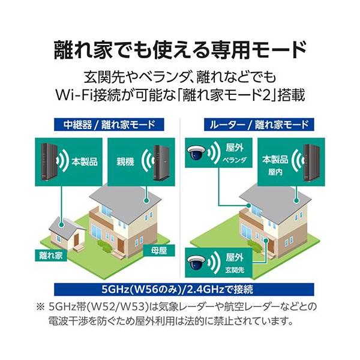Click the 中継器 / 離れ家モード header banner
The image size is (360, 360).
(x=109, y=124)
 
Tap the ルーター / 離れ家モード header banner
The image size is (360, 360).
(x=259, y=124)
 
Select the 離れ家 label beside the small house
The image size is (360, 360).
(x=51, y=255)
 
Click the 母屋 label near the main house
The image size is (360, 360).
(x=159, y=250)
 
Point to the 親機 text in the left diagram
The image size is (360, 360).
(x=125, y=162)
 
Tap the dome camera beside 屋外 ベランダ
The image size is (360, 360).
(x=196, y=152)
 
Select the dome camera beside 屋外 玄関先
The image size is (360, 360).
(x=196, y=262)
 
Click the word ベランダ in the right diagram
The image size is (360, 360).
(x=235, y=160)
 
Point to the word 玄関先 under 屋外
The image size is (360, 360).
(x=235, y=270)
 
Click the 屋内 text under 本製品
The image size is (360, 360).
(x=275, y=172)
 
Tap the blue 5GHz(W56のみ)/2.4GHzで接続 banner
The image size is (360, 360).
(x=184, y=289)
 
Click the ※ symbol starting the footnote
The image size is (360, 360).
(x=40, y=307)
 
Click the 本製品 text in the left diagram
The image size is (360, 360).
(x=85, y=161)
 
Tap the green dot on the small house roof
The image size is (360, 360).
(x=61, y=223)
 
